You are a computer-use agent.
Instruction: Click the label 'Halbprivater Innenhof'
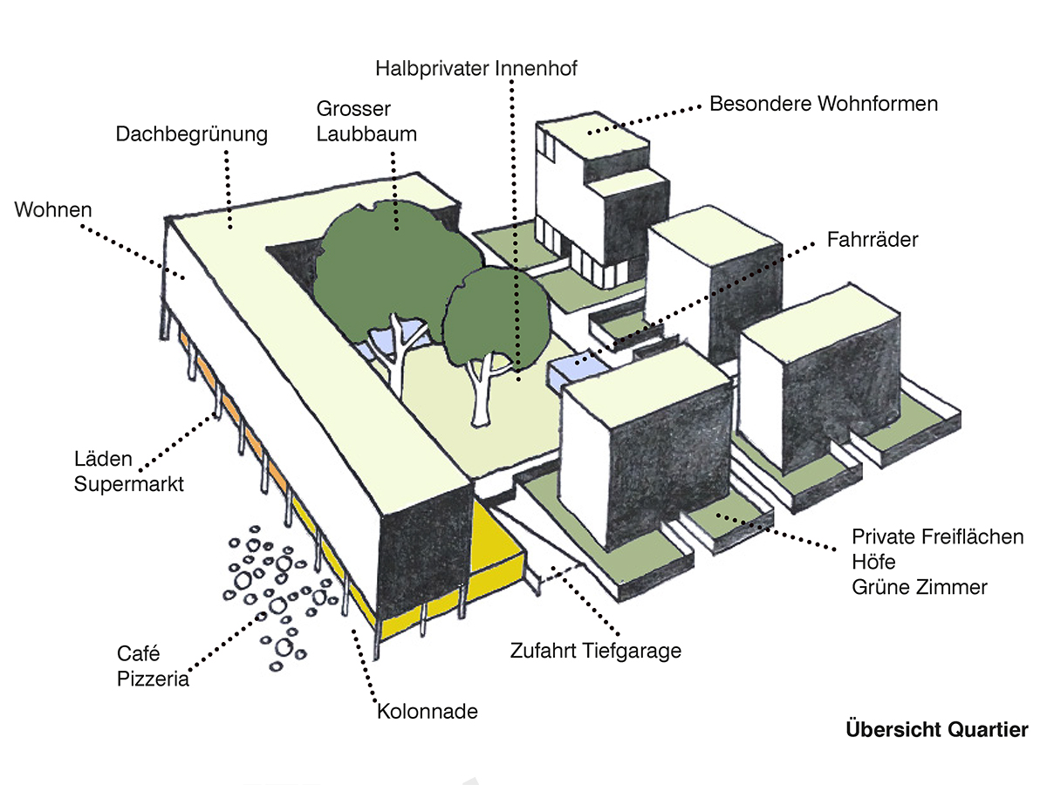pyautogui.click(x=476, y=68)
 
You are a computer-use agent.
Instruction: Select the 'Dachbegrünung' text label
pyautogui.click(x=191, y=134)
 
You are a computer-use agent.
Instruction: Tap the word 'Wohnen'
pyautogui.click(x=53, y=209)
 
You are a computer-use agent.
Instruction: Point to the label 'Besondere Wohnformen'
pyautogui.click(x=824, y=104)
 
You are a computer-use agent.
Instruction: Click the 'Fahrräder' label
pyautogui.click(x=872, y=239)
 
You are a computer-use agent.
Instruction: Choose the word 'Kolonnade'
pyautogui.click(x=428, y=711)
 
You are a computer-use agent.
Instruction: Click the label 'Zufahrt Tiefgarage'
pyautogui.click(x=596, y=650)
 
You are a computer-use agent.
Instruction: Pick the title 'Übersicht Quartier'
pyautogui.click(x=937, y=729)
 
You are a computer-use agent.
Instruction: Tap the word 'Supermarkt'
pyautogui.click(x=129, y=484)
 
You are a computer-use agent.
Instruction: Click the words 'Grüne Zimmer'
pyautogui.click(x=920, y=587)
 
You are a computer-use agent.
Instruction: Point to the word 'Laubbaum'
pyautogui.click(x=366, y=134)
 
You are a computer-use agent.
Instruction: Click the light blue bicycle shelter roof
pyautogui.click(x=571, y=371)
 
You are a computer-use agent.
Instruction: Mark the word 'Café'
pyautogui.click(x=138, y=653)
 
